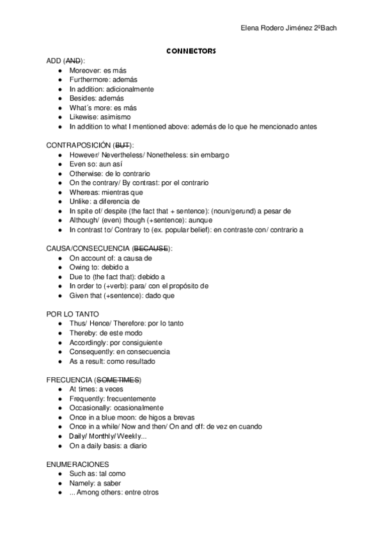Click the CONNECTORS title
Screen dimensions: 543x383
click(x=191, y=50)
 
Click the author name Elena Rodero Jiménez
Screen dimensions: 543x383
click(x=275, y=28)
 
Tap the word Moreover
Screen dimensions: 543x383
click(x=85, y=70)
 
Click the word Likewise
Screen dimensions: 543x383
click(x=83, y=117)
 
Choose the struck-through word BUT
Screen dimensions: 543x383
click(x=123, y=145)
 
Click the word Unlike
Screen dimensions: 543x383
click(x=79, y=201)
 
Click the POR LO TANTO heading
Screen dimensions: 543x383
click(x=72, y=314)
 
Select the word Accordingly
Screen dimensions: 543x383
click(x=89, y=343)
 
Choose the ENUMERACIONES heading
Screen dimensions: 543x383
click(x=78, y=464)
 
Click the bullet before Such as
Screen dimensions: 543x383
click(x=60, y=474)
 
